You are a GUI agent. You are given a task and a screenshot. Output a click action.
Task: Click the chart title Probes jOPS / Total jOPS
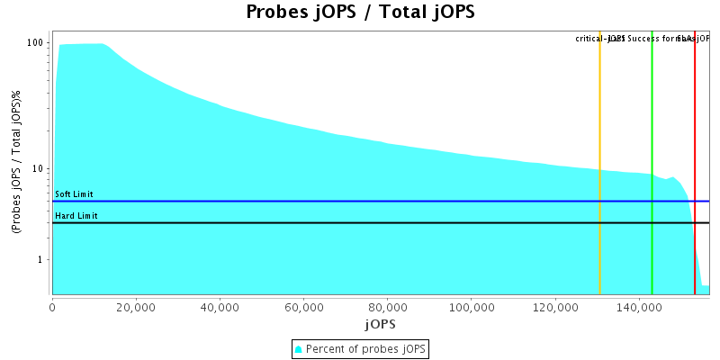coord(360,13)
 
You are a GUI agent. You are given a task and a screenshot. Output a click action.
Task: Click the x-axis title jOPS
coord(380,323)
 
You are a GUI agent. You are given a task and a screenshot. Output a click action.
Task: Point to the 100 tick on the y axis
coord(36,42)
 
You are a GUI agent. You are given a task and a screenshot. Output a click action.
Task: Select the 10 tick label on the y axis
coord(39,168)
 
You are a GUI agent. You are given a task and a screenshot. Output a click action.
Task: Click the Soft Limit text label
coord(74,194)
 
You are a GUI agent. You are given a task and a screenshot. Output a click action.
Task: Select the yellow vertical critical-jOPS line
coord(599,162)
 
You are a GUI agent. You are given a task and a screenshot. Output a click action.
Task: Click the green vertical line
coord(652,162)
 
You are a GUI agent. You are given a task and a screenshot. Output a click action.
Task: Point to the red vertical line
coord(695,162)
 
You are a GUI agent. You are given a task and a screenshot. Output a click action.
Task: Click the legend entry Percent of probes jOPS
coord(360,348)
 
